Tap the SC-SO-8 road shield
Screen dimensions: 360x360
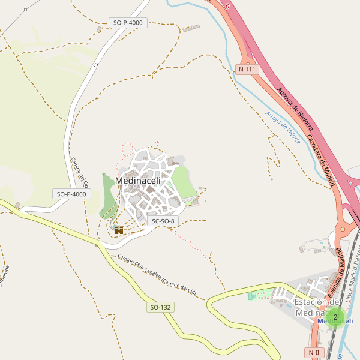163,221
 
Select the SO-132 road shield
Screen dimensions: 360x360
161,307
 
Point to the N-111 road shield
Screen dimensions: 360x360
247,69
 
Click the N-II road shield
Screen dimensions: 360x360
314,353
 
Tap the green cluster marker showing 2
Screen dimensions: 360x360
335,317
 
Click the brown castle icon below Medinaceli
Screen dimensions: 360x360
119,229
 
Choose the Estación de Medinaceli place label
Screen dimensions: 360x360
318,307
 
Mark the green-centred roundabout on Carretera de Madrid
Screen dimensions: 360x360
343,229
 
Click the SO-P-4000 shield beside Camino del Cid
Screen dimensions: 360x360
71,194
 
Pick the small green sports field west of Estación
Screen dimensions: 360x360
259,295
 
